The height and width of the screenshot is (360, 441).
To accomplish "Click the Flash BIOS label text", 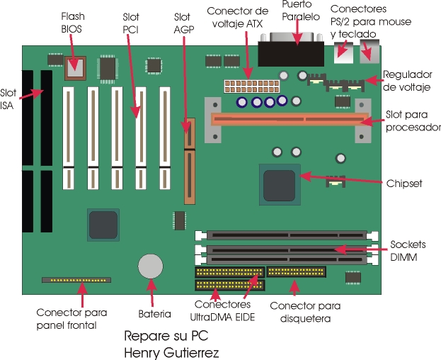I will tap(72, 21).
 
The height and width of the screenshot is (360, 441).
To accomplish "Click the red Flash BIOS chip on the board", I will tap(74, 68).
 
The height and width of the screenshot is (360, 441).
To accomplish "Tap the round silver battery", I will tap(151, 266).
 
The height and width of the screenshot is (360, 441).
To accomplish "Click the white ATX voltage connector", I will tap(239, 86).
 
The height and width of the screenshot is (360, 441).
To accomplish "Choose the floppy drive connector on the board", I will tap(296, 272).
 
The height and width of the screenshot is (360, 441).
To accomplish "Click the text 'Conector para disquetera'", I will tap(305, 313).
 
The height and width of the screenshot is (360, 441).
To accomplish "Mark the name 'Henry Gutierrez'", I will tap(171, 351).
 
